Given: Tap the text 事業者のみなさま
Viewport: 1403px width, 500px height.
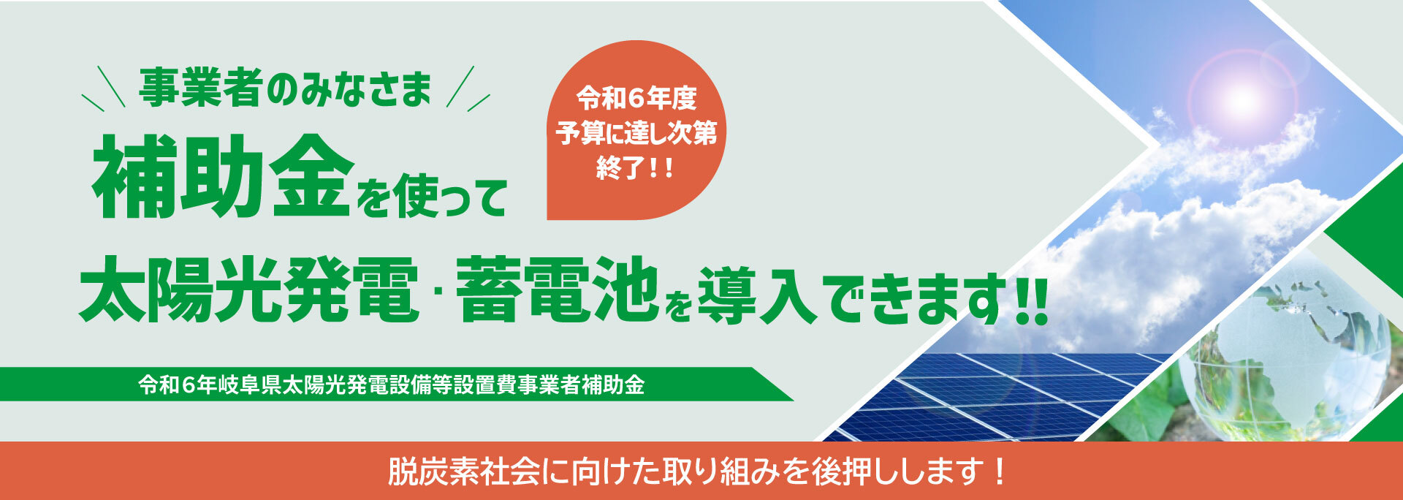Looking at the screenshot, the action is coord(285,88).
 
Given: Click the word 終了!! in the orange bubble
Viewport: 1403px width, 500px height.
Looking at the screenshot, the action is coord(634,169).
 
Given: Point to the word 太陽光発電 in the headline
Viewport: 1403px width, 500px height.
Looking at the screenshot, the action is coord(249,290).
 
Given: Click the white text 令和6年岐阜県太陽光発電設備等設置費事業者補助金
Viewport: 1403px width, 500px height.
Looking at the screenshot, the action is coord(392,385).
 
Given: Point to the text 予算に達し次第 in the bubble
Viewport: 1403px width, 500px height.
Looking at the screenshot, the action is coord(636,134).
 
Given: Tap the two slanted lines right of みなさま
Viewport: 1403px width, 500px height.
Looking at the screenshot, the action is coord(468,88).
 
